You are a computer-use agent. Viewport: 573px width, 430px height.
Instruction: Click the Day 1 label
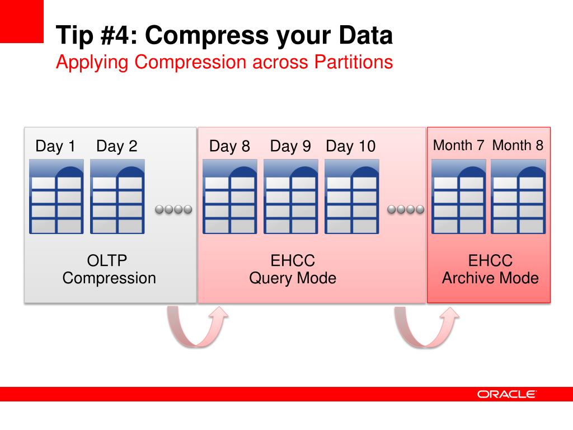(55, 147)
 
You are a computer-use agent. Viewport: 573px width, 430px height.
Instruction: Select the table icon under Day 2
(118, 197)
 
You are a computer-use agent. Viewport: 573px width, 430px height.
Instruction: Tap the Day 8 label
(229, 147)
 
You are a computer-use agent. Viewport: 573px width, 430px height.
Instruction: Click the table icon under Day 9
(291, 197)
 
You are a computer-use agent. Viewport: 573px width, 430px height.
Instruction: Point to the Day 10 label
(351, 147)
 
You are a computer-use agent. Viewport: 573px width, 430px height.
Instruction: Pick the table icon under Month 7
(459, 197)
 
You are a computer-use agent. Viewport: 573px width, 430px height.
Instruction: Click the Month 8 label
(518, 146)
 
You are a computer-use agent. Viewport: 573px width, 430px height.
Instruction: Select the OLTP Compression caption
(109, 269)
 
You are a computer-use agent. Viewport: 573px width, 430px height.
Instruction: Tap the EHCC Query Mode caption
(293, 269)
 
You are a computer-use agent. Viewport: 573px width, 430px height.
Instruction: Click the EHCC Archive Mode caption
(490, 269)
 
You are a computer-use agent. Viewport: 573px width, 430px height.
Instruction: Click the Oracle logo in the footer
(506, 394)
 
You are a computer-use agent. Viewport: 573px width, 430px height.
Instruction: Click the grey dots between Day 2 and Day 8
(173, 209)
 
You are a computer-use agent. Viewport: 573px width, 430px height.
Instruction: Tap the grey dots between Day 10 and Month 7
(406, 209)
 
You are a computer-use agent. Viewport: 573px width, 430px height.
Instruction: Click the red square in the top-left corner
(21, 21)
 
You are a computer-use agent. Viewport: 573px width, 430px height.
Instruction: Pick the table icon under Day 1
(56, 197)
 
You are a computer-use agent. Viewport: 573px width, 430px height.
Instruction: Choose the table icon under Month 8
(518, 197)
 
